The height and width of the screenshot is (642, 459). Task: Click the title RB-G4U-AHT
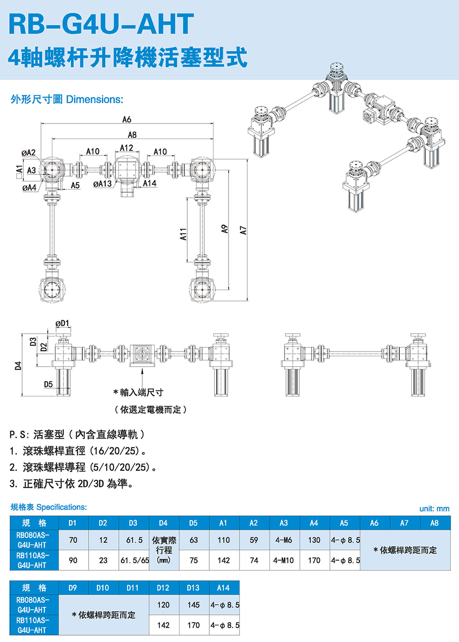[101, 24]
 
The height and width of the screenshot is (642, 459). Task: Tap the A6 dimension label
[127, 119]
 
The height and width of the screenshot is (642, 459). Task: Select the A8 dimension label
[132, 134]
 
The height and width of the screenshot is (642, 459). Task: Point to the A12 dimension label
[126, 148]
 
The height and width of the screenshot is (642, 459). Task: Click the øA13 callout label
[102, 184]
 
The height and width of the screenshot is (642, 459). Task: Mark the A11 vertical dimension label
[183, 234]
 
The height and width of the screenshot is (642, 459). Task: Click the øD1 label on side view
[62, 324]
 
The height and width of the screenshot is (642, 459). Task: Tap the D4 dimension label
[18, 365]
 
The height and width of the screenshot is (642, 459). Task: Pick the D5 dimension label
[48, 384]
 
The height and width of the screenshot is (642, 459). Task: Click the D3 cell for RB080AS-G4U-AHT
[134, 540]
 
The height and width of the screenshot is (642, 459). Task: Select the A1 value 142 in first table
[224, 560]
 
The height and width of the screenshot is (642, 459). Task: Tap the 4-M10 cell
[284, 560]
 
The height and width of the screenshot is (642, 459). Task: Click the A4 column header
[314, 523]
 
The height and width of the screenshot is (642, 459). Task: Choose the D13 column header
[193, 587]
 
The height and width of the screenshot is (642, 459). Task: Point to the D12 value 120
[163, 605]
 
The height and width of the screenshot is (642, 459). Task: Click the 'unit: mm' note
[434, 508]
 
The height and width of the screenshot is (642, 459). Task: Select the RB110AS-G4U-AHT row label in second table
[32, 625]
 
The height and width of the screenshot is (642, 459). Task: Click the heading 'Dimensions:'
[95, 99]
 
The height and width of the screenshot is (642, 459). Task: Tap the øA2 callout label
[28, 152]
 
